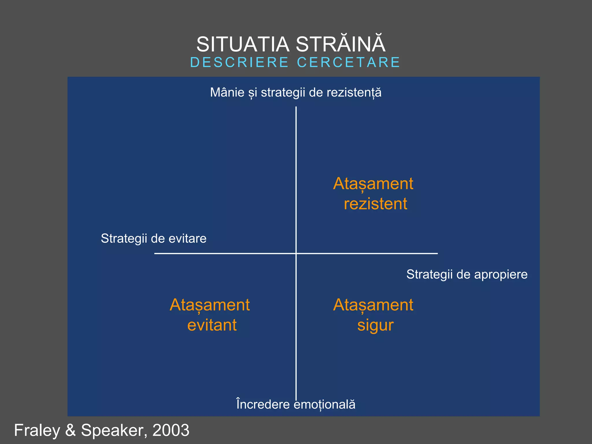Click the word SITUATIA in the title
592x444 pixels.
click(243, 45)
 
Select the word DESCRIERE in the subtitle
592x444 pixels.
click(239, 62)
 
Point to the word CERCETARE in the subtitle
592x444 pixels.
click(348, 62)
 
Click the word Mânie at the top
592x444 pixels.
click(227, 92)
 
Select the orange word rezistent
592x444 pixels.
click(375, 204)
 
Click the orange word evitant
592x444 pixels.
click(212, 325)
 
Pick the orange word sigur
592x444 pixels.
click(375, 325)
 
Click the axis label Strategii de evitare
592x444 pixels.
click(153, 238)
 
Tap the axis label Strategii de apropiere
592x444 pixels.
click(467, 274)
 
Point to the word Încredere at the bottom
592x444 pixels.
click(263, 404)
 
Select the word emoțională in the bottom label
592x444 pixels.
click(324, 404)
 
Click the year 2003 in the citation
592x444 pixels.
click(171, 430)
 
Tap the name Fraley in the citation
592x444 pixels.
click(37, 430)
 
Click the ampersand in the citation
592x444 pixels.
click(70, 430)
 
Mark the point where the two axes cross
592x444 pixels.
click(296, 254)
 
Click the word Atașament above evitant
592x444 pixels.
click(210, 305)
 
